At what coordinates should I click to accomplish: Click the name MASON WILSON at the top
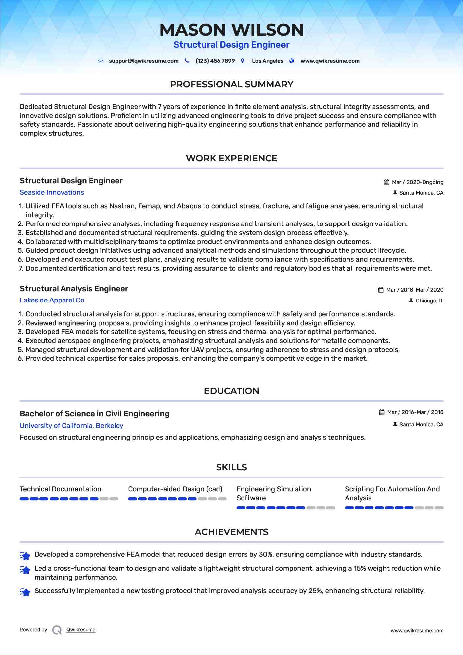[231, 30]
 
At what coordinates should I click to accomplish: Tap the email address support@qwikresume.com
[143, 61]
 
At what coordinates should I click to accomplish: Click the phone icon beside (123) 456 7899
[187, 61]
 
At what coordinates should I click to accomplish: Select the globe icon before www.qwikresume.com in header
[292, 61]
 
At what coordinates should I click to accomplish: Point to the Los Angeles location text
[268, 61]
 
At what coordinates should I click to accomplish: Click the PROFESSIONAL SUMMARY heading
[231, 84]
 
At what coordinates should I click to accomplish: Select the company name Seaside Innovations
[52, 192]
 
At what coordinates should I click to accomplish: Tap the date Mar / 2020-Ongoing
[417, 182]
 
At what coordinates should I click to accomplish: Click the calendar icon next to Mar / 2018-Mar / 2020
[381, 290]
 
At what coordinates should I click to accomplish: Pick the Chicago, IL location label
[429, 301]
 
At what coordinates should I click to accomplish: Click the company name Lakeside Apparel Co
[52, 300]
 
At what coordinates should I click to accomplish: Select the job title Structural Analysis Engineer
[74, 289]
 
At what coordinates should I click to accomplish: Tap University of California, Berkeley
[71, 426]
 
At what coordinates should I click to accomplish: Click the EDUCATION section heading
[231, 391]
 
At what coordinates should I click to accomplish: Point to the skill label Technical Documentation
[61, 489]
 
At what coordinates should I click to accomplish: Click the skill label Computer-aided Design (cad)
[175, 489]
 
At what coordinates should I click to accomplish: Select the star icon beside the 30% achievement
[25, 556]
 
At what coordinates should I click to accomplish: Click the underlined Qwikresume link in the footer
[81, 630]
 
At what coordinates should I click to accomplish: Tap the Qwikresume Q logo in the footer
[57, 630]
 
